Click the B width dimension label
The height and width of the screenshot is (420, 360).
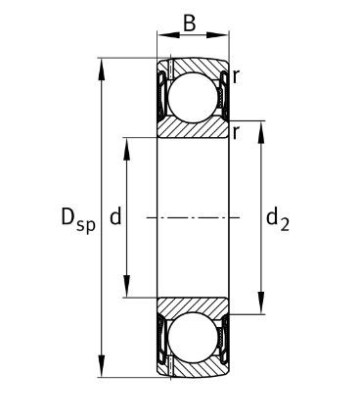(190, 23)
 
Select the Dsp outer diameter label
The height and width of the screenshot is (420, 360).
(78, 221)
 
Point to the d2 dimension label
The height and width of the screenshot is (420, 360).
(278, 219)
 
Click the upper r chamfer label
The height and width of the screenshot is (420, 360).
(237, 77)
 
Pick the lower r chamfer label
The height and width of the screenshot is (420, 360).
(237, 132)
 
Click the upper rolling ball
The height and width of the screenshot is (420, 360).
(193, 97)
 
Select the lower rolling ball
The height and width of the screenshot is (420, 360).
(193, 338)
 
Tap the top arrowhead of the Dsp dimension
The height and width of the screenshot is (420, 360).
(102, 70)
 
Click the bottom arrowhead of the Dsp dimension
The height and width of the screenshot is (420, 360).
(102, 366)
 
